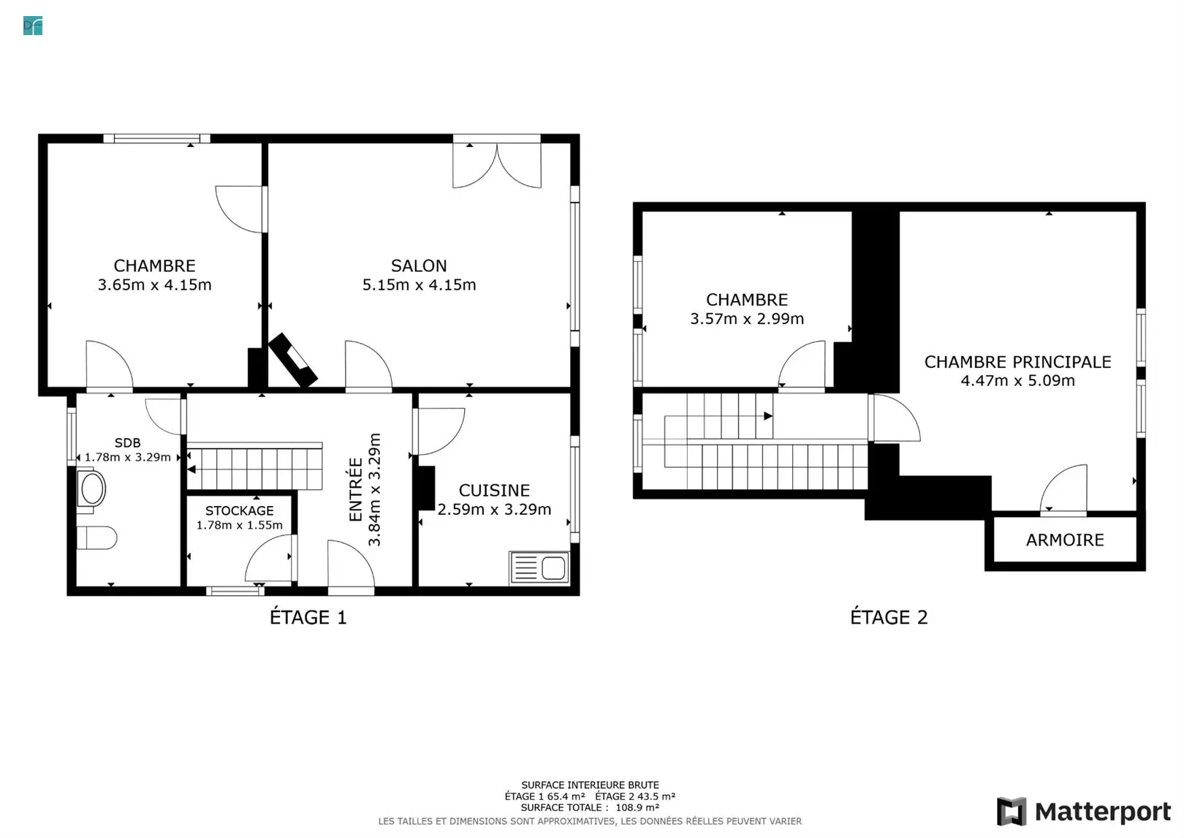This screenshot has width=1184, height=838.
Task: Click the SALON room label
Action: (x=419, y=265)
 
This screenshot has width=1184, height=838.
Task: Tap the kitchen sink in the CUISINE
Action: (x=539, y=568)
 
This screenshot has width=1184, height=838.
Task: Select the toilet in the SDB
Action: (x=96, y=537)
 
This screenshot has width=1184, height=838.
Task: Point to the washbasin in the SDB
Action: (x=91, y=488)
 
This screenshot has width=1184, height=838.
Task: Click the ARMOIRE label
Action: (x=1065, y=540)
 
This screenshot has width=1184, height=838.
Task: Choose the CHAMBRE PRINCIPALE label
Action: (x=1017, y=362)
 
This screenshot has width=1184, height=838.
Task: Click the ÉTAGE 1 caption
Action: (x=308, y=617)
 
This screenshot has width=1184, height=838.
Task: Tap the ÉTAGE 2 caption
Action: (x=889, y=617)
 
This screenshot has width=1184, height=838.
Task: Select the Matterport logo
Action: (x=1084, y=812)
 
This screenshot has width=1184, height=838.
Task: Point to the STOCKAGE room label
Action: (x=240, y=510)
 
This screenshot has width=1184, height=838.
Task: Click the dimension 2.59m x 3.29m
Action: (x=494, y=509)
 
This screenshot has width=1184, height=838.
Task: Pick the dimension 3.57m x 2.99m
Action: (x=747, y=318)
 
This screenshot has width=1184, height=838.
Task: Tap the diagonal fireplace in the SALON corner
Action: (x=293, y=360)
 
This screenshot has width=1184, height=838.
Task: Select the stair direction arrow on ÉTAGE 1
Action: (x=191, y=469)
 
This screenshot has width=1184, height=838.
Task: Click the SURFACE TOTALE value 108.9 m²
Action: (x=637, y=807)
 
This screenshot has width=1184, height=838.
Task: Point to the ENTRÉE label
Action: (x=356, y=490)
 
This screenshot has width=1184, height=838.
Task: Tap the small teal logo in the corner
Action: (x=33, y=26)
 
